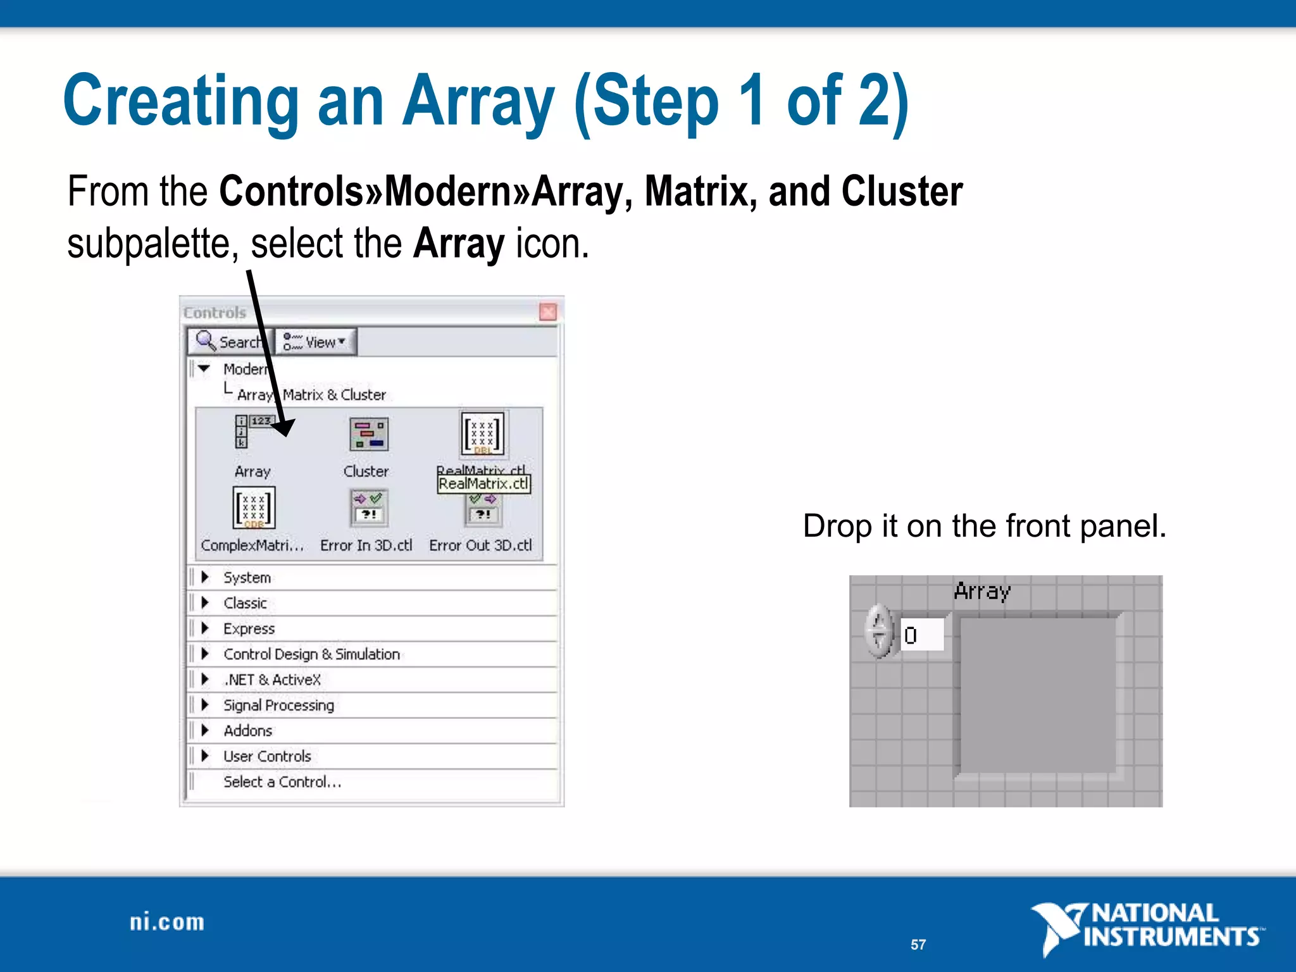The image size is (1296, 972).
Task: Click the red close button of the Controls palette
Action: coord(548,312)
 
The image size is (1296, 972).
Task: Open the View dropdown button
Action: coord(316,342)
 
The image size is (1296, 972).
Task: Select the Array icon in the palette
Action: coord(252,432)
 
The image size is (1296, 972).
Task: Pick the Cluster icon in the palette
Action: coord(368,434)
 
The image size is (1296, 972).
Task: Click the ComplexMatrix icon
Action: coord(254,508)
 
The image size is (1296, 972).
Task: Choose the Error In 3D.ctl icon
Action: coord(368,508)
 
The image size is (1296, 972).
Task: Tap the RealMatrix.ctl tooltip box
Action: coord(484,484)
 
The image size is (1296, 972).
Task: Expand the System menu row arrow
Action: coord(205,577)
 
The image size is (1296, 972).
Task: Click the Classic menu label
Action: coord(245,603)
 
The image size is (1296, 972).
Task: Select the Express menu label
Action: coord(249,628)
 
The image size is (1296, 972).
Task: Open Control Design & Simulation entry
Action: coord(311,654)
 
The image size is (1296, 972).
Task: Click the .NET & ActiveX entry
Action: coord(272,680)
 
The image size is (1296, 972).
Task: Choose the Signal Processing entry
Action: coord(278,705)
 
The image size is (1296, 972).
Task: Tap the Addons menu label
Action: coord(247,731)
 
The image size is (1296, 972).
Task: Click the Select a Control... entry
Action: coord(282,782)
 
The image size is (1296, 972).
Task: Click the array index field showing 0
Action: coord(922,635)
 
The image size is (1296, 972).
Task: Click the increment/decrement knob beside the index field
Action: coord(878,632)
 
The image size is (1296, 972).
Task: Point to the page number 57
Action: coord(918,945)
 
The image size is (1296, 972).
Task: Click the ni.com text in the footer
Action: coord(167,923)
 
